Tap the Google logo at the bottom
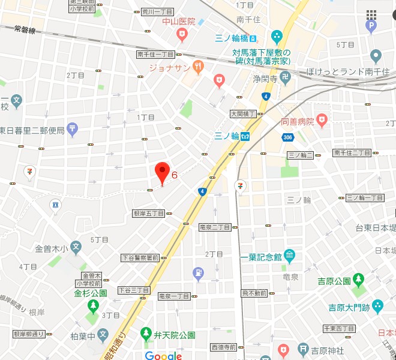(163, 356)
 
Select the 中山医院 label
(179, 22)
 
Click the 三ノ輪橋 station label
(236, 39)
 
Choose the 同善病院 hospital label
(297, 122)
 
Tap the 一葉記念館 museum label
(261, 256)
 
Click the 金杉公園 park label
(91, 293)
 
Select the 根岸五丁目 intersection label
(148, 214)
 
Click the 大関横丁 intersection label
(243, 113)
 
